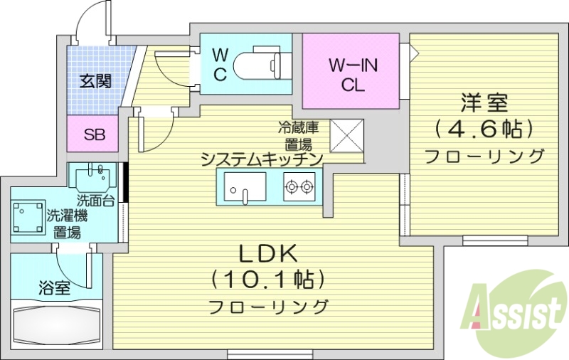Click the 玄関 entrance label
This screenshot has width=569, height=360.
[95, 80]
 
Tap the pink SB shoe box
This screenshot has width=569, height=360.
[93, 134]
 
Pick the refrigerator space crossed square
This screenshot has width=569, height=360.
[348, 134]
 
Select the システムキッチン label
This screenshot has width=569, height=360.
[262, 158]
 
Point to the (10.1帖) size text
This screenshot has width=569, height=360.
[268, 278]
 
